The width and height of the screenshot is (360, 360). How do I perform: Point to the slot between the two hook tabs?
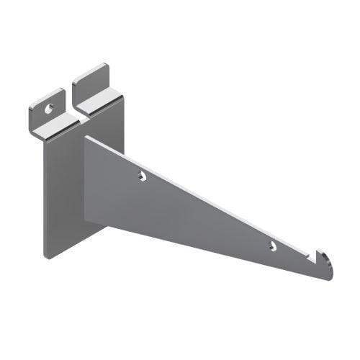click(70, 101)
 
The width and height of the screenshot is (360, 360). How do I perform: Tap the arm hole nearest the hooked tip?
click(273, 246)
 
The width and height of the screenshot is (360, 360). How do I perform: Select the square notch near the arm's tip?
click(315, 253)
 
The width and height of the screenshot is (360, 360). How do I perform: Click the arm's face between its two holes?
click(209, 216)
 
